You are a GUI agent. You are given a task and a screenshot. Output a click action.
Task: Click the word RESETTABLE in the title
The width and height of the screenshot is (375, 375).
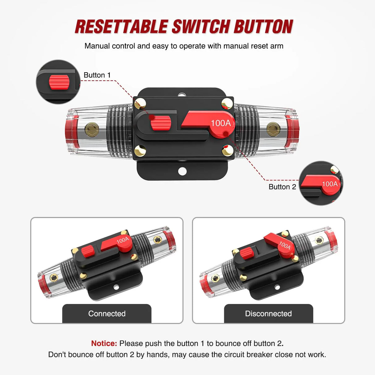click(x=121, y=27)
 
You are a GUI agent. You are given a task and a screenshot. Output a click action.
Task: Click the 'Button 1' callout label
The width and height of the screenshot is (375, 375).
click(x=97, y=75)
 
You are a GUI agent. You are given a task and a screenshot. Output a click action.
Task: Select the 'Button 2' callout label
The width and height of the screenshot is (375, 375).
click(x=282, y=187)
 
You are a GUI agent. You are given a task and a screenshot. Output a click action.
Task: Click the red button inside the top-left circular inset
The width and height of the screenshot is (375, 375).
click(x=59, y=82)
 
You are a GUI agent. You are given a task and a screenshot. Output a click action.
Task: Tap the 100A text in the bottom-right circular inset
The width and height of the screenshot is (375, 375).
click(x=330, y=184)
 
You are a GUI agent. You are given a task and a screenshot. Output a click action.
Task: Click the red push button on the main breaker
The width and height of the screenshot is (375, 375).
click(x=161, y=123)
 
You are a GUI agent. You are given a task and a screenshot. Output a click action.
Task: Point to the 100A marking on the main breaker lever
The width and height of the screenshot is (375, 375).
click(x=221, y=123)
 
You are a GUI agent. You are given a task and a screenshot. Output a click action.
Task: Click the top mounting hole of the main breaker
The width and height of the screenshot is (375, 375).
click(x=182, y=93)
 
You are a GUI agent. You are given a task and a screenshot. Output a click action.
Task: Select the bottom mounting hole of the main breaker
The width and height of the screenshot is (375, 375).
click(x=182, y=171)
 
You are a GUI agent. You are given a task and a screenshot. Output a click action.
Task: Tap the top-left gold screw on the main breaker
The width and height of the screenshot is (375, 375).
click(x=141, y=103)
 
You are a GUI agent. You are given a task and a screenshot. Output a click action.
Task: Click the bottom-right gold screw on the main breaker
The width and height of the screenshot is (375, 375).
click(x=228, y=151)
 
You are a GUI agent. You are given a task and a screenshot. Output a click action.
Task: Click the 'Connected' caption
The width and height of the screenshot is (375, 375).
click(x=107, y=314)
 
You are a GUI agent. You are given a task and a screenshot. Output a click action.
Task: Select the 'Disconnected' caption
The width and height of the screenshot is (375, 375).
click(x=268, y=314)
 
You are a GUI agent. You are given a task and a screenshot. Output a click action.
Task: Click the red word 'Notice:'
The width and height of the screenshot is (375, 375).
click(x=104, y=343)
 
